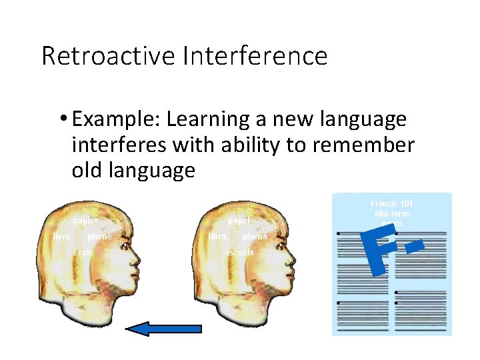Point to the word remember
[361, 145]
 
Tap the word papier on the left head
[85, 220]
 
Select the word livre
[62, 236]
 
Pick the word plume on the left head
[99, 236]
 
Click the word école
[83, 253]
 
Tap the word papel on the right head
[239, 220]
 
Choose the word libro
[217, 236]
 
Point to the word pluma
[255, 236]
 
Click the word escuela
[239, 253]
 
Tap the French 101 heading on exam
[392, 203]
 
